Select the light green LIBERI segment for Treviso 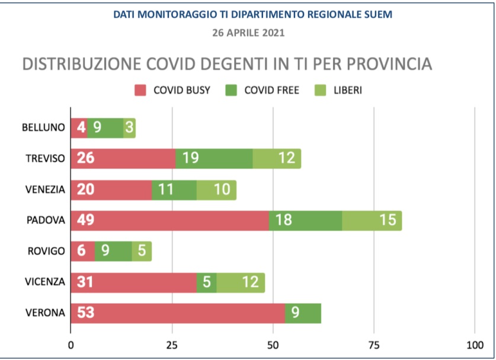click(277, 159)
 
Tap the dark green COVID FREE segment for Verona click(303, 313)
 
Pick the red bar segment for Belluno click(79, 128)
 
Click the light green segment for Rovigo click(142, 251)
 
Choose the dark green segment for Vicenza click(206, 282)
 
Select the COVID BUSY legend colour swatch click(140, 91)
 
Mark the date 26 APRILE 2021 click(248, 33)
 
